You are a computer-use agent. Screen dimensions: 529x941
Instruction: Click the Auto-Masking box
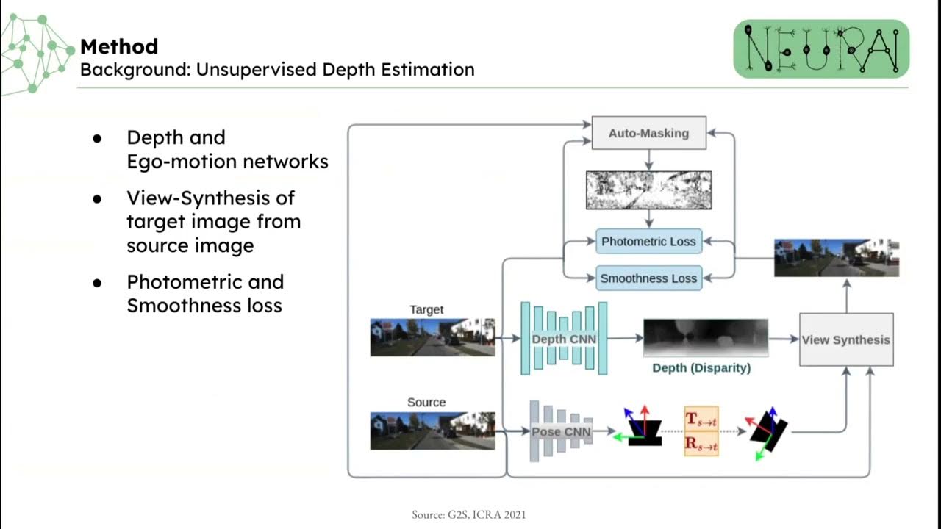648,133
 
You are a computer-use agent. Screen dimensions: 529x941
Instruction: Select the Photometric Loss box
648,242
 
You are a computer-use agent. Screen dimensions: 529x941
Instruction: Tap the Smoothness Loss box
648,278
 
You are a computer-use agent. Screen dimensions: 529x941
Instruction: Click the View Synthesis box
846,339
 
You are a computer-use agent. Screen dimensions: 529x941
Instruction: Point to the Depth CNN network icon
564,339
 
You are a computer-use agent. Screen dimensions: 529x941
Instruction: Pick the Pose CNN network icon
561,432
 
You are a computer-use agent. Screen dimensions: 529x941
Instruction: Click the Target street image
432,337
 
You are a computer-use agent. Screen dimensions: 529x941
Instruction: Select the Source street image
432,431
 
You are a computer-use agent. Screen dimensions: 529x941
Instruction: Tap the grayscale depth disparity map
705,338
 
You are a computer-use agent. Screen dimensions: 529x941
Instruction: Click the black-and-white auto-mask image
648,190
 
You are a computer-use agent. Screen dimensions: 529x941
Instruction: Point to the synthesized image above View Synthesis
837,257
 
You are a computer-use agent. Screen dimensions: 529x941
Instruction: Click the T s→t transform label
701,419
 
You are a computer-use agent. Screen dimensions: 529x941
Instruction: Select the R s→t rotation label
701,443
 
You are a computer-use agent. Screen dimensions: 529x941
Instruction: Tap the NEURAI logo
821,48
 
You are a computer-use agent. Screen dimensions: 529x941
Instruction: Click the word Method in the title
119,47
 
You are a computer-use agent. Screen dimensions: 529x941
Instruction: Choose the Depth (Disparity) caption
701,367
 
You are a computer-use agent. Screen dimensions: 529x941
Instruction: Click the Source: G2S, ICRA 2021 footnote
468,515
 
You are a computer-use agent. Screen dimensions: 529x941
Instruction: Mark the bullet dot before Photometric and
97,283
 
